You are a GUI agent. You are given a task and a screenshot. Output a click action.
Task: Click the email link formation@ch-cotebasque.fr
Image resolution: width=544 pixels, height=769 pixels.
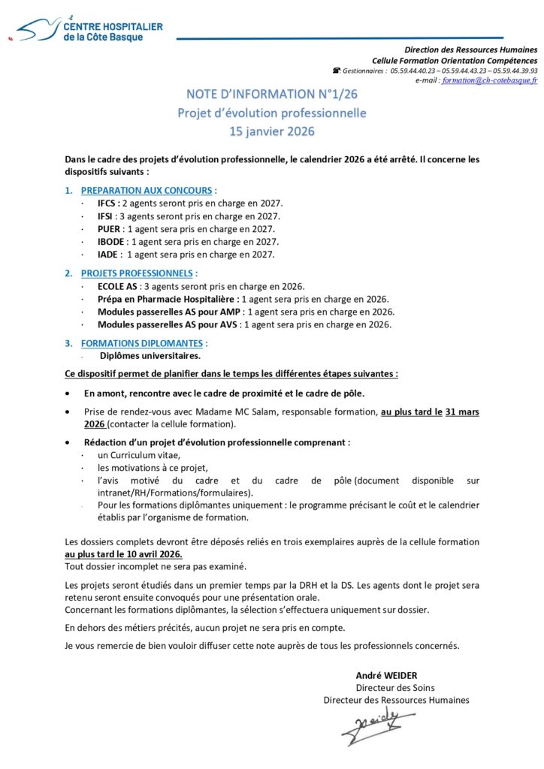[490, 80]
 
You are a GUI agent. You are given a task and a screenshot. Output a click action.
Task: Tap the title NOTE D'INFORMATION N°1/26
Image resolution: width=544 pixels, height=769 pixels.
[271, 95]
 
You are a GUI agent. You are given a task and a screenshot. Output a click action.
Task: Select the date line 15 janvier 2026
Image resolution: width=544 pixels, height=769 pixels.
[271, 131]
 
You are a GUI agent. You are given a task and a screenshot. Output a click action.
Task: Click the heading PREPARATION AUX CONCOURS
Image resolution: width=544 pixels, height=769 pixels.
[147, 191]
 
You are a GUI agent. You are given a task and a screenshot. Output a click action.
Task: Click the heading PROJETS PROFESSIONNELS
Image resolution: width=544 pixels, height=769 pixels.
[137, 273]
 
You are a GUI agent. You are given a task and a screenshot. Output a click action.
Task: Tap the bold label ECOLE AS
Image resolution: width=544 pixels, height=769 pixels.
[117, 286]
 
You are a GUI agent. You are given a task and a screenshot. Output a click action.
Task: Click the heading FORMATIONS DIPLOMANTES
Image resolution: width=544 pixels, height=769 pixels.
[142, 343]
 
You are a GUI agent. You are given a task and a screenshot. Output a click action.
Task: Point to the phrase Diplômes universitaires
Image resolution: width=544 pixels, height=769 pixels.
[150, 356]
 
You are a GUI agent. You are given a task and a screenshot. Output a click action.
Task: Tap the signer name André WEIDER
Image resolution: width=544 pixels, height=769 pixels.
[385, 674]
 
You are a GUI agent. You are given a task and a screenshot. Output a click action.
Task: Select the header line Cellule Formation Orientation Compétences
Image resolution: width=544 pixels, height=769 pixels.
[455, 60]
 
